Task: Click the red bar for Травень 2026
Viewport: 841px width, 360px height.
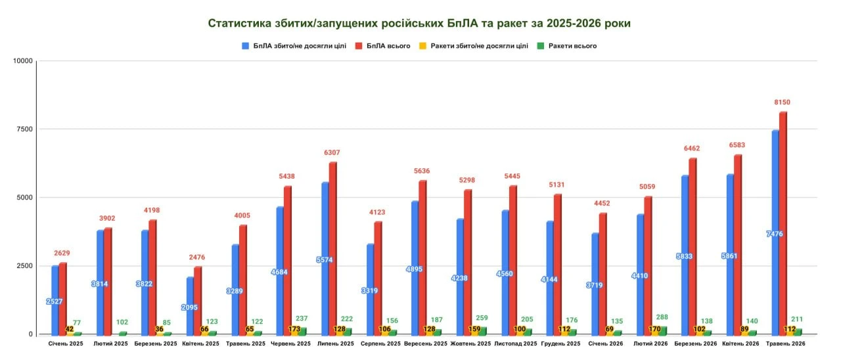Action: pyautogui.click(x=783, y=223)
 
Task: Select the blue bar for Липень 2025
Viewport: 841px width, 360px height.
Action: pyautogui.click(x=325, y=258)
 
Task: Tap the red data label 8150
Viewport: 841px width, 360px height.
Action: pyautogui.click(x=782, y=102)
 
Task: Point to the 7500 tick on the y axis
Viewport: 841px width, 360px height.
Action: pyautogui.click(x=24, y=129)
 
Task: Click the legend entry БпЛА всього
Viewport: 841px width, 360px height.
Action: pyautogui.click(x=382, y=46)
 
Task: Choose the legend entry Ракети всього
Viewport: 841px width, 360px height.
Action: pyautogui.click(x=567, y=46)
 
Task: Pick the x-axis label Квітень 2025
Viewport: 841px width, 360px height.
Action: pyautogui.click(x=200, y=344)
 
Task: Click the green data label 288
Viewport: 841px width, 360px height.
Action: pyautogui.click(x=662, y=317)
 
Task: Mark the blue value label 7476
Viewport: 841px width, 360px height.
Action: pyautogui.click(x=775, y=234)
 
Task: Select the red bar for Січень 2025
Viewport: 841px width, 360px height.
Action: pyautogui.click(x=62, y=298)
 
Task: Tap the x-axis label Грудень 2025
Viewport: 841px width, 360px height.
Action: pyautogui.click(x=560, y=344)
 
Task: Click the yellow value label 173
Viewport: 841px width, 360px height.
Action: pyautogui.click(x=294, y=329)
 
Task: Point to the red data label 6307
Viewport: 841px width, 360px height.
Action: pyautogui.click(x=332, y=152)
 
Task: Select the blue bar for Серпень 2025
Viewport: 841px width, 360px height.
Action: pyautogui.click(x=370, y=289)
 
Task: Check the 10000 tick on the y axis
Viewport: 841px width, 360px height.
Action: pyautogui.click(x=23, y=61)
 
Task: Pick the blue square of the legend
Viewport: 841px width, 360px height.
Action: pyautogui.click(x=245, y=46)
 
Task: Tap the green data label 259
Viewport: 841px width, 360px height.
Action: pyautogui.click(x=482, y=318)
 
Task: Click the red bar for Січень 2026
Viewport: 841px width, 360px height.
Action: pyautogui.click(x=602, y=274)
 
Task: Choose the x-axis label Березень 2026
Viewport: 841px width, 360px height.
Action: pyautogui.click(x=695, y=344)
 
